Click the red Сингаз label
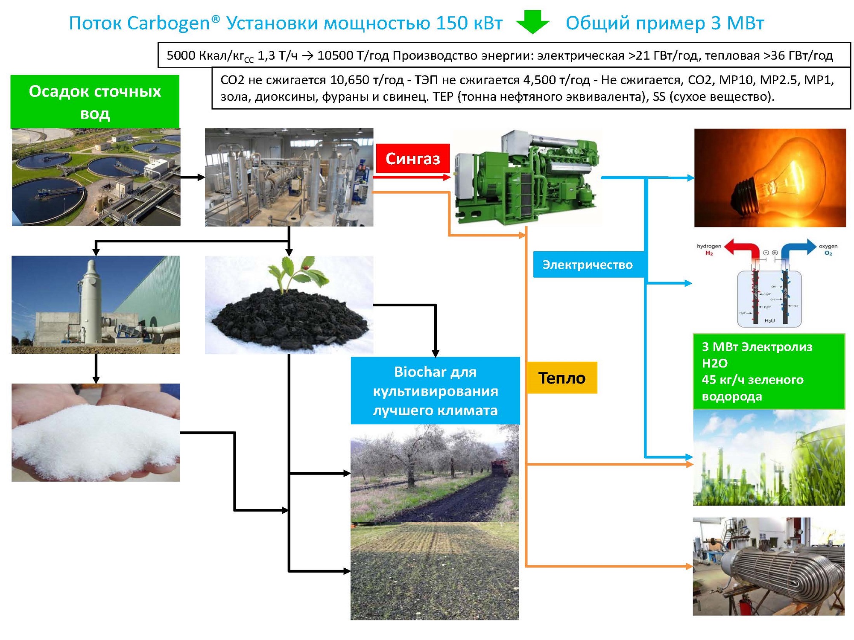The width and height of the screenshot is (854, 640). pos(412,159)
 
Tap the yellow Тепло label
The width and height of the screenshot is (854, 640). pos(562,378)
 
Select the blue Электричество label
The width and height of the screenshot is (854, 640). pos(588,265)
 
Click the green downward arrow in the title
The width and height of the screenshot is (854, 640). pos(532,22)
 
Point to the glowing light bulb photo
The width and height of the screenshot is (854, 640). pos(769,178)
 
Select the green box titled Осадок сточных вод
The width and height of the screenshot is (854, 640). pos(95,102)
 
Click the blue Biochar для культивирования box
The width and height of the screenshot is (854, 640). pos(435,391)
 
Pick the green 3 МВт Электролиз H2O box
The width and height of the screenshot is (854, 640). pos(769,372)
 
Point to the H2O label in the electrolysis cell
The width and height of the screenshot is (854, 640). pos(769,320)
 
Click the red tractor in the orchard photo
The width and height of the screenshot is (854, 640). pos(502,467)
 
